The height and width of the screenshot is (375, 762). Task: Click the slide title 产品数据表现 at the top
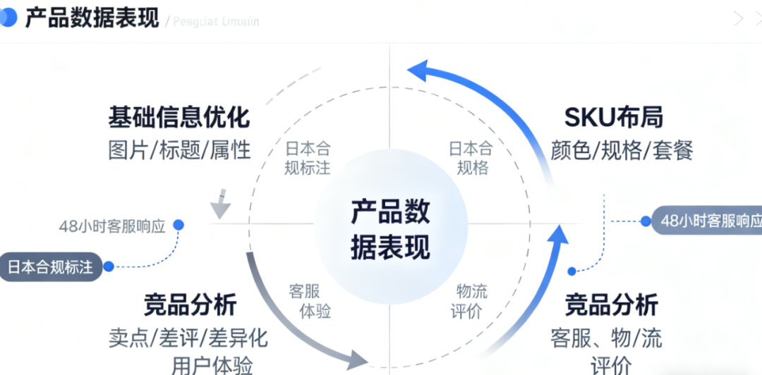[92, 18]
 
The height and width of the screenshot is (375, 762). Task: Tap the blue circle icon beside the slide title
[7, 18]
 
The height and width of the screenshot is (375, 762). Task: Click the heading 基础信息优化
[179, 117]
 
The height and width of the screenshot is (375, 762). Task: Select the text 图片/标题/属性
[179, 149]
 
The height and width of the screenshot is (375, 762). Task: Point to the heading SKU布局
[614, 117]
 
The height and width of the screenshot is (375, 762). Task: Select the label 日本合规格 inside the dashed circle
[471, 159]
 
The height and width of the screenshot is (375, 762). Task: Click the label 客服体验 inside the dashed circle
[310, 300]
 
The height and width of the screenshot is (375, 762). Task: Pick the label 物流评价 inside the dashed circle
[471, 300]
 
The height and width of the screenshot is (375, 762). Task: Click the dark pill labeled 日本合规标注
[50, 267]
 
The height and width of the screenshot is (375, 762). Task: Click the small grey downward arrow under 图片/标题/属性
[221, 205]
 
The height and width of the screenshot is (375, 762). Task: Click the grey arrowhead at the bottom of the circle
[356, 359]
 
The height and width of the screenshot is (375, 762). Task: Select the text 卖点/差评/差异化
[188, 338]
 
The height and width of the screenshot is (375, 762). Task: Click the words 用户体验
[212, 365]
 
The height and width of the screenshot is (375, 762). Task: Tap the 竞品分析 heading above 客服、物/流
[611, 305]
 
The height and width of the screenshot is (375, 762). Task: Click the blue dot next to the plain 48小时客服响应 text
[179, 225]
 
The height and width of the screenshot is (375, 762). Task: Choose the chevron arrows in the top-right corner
[746, 19]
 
